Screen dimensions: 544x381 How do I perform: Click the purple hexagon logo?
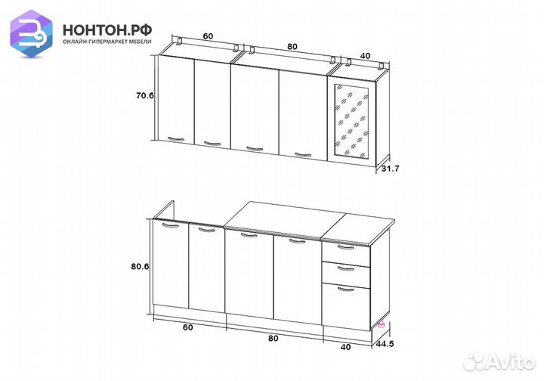(x=31, y=33)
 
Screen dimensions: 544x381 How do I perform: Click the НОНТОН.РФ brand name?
(x=107, y=30)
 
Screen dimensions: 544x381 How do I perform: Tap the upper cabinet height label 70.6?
(x=144, y=95)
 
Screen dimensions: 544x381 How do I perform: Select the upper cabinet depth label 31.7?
(x=391, y=169)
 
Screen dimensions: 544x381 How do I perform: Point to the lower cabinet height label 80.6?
(x=141, y=267)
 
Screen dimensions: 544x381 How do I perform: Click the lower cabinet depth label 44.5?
(x=385, y=344)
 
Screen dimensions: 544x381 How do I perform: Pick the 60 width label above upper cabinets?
(x=208, y=36)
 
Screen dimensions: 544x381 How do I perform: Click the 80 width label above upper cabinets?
(x=292, y=47)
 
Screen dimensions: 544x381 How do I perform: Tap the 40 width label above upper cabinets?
(x=365, y=55)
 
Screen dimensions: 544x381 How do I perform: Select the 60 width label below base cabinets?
(x=187, y=327)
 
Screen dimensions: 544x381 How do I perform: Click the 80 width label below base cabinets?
(x=273, y=338)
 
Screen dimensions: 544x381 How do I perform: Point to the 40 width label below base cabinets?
(x=345, y=347)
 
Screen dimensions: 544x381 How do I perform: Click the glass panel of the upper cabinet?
(x=351, y=122)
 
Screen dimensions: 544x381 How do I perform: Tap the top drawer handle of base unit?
(x=346, y=247)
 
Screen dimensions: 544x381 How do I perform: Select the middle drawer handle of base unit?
(x=346, y=268)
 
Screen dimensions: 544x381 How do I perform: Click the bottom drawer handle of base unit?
(x=346, y=289)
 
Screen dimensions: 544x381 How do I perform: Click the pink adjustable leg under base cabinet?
(x=382, y=324)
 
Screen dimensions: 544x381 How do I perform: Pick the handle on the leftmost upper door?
(x=176, y=139)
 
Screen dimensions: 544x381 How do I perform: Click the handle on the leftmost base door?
(x=171, y=226)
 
